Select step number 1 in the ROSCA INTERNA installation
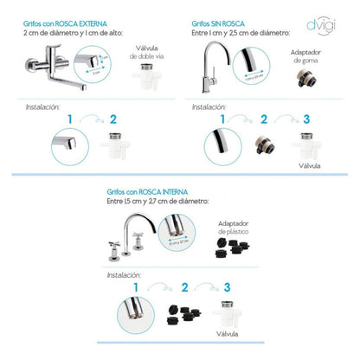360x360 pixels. point(137,286)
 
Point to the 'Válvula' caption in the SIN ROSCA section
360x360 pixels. point(308,164)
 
